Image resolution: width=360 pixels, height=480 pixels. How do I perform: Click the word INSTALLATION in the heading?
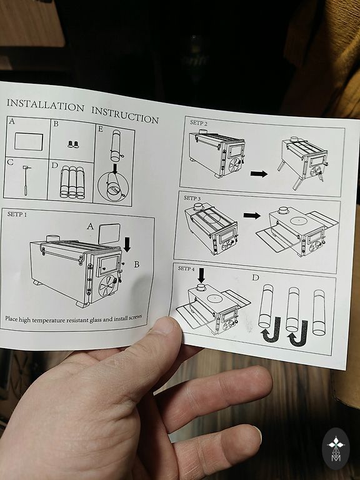[x=45, y=105]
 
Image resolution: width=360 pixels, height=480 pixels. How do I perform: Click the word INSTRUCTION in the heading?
[x=125, y=115]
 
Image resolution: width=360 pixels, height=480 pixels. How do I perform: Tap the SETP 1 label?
[x=17, y=214]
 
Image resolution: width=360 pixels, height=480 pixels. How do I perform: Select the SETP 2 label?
[x=198, y=122]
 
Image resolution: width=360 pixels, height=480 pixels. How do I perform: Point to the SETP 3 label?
[x=192, y=198]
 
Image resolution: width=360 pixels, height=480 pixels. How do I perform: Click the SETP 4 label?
[x=186, y=269]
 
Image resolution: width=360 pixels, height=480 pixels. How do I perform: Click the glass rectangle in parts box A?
[x=29, y=141]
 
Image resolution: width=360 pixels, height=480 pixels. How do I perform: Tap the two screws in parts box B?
[x=73, y=144]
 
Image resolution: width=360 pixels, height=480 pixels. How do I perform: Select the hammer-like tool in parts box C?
[x=26, y=180]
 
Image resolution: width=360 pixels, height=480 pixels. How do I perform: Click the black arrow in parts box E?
[x=116, y=169]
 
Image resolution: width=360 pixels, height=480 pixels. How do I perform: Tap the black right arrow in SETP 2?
[x=259, y=174]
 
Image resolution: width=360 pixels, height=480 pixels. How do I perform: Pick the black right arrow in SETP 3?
[x=252, y=216]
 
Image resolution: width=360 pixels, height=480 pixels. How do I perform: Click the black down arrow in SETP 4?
[x=201, y=275]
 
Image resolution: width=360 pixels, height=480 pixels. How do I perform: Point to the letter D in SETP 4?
[x=255, y=277]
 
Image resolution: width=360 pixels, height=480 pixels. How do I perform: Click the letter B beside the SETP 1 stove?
[x=136, y=264]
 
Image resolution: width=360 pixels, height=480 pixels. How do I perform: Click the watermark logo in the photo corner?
[x=336, y=449]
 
